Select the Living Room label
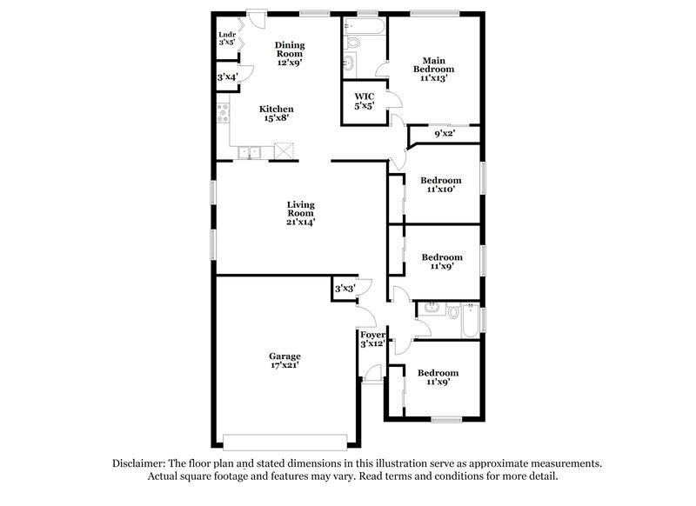click(301, 213)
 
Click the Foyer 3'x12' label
click(372, 338)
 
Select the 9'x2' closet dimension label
click(444, 134)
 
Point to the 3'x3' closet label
click(345, 289)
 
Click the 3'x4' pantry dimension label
click(227, 78)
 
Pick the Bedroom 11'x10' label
click(440, 185)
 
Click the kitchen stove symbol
click(223, 111)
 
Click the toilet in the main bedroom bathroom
click(353, 42)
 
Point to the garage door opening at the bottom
click(288, 439)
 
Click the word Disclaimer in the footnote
click(138, 463)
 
